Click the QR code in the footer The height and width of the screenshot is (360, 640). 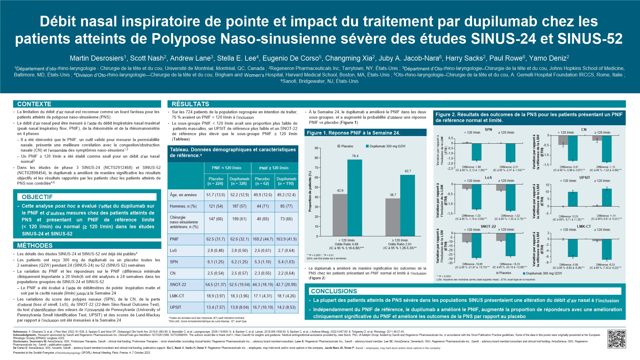pos(617,339)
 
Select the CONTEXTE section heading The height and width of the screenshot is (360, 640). pos(34,104)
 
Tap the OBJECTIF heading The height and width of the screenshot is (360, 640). pos(37,197)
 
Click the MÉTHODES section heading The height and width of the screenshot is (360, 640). pos(35,245)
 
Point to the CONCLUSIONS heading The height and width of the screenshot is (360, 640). pos(334,291)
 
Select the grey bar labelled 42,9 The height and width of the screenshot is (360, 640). pos(340,215)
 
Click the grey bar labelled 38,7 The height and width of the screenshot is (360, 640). pos(393,217)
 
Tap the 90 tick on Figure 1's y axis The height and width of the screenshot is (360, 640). pos(317,148)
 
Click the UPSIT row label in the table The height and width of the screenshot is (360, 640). pos(176,307)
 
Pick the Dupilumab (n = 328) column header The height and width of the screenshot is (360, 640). pos(239,181)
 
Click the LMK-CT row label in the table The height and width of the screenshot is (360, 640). pos(177,296)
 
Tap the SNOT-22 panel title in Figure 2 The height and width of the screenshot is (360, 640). pos(488,226)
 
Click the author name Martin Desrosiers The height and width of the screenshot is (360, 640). pos(97,58)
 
